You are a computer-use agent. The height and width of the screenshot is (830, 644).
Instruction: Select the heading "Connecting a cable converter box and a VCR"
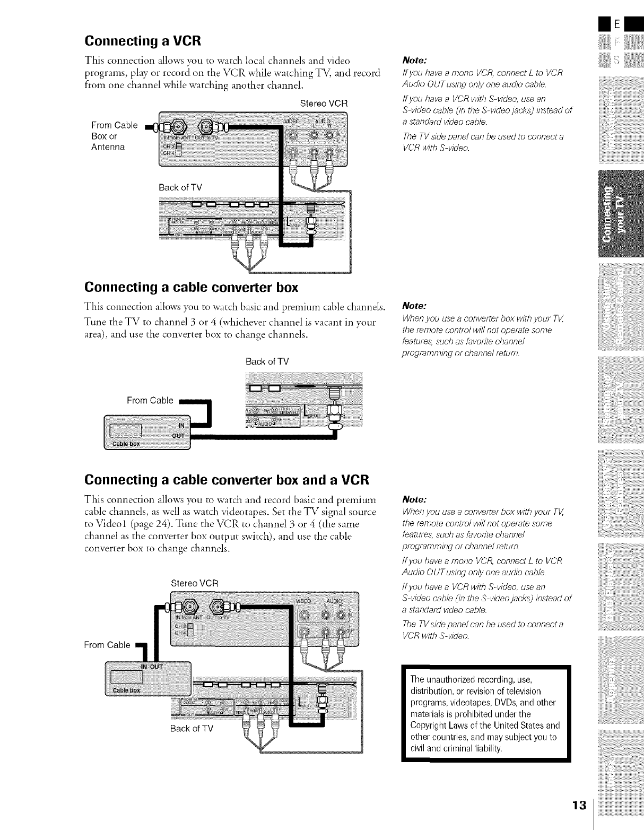click(x=227, y=480)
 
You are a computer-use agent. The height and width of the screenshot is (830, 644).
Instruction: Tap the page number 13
click(x=579, y=805)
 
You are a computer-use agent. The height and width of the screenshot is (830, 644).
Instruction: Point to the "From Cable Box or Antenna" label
click(x=114, y=136)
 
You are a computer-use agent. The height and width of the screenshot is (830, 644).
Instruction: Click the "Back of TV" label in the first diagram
click(x=180, y=187)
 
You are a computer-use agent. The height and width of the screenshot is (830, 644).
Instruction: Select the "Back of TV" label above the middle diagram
click(x=267, y=362)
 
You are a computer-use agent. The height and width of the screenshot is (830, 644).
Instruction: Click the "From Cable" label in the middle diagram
click(x=150, y=400)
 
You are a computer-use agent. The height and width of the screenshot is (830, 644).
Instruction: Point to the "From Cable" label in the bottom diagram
click(x=107, y=645)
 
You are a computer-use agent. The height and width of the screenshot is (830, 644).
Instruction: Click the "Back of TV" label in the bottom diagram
click(x=192, y=728)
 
